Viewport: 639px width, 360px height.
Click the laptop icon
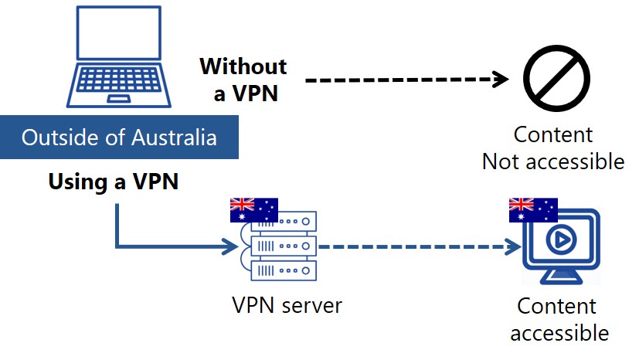click(120, 58)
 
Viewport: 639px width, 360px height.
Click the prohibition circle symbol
click(556, 79)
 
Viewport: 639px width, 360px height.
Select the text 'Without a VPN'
click(243, 80)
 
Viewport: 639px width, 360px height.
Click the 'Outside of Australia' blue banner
click(118, 138)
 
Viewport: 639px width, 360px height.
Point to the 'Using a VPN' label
click(114, 182)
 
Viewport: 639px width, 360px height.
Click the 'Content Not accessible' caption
click(552, 148)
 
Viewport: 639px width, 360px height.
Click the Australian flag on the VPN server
click(253, 209)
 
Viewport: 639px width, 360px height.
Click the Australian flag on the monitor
click(532, 209)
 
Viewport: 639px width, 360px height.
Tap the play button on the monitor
click(561, 242)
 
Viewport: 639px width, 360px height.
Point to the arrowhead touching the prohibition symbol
click(501, 79)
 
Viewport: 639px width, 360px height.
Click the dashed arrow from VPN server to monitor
click(417, 247)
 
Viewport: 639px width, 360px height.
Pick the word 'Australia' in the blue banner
click(175, 138)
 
